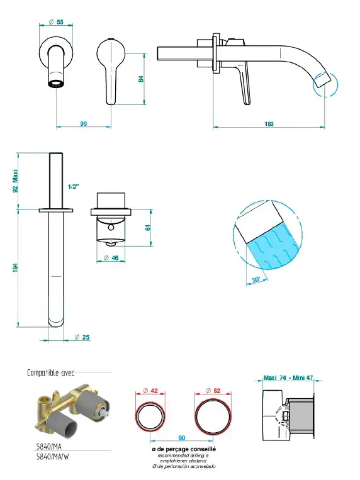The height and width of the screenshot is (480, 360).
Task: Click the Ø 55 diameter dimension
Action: tap(56, 22)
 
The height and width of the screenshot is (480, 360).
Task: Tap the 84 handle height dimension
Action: tap(141, 79)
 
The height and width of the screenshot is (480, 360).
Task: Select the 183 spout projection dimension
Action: tap(269, 124)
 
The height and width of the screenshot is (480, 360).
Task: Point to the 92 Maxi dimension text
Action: tap(15, 181)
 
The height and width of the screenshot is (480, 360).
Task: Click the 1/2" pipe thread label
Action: tap(74, 186)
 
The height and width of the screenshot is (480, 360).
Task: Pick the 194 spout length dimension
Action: tap(15, 267)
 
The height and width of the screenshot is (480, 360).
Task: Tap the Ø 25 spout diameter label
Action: tap(82, 337)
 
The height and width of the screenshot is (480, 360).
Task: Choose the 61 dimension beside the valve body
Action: tap(148, 228)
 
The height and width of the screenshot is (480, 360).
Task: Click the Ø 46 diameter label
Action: tap(111, 258)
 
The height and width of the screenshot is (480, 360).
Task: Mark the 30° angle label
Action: tap(256, 279)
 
